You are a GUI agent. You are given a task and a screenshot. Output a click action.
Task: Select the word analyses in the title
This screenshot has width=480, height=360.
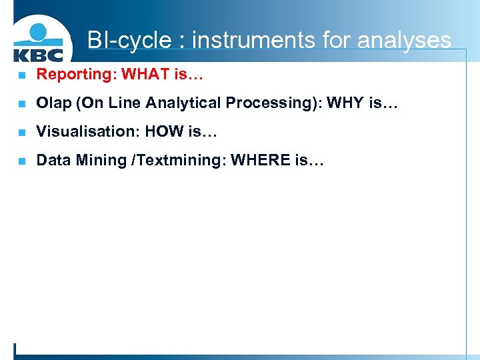point(404,41)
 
